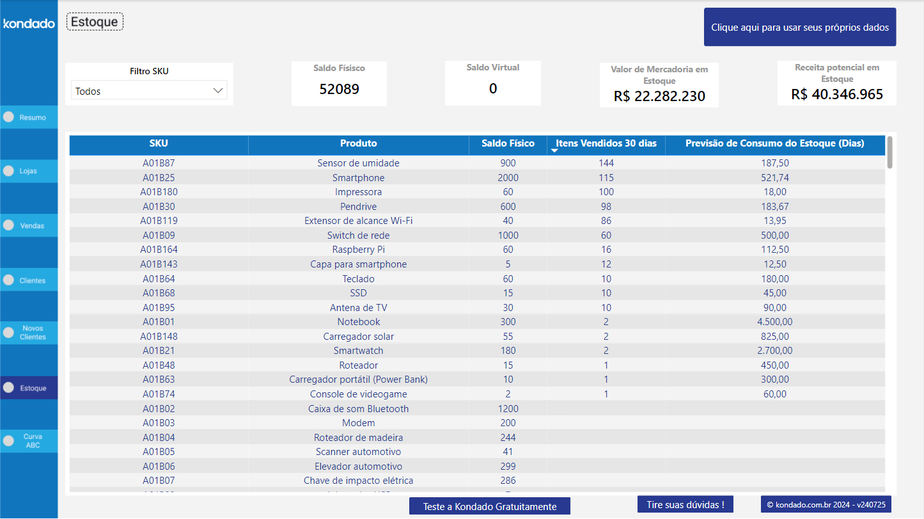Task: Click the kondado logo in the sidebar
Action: point(29,24)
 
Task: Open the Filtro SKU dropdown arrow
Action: point(217,91)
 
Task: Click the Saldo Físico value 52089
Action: point(339,89)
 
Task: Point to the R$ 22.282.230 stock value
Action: point(659,96)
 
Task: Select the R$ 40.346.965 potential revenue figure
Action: point(836,94)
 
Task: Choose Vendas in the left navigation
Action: point(29,226)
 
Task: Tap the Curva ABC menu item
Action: point(29,441)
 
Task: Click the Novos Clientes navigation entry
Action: point(29,333)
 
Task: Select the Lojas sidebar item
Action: point(29,172)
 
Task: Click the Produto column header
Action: point(358,143)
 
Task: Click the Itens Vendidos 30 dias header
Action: point(606,143)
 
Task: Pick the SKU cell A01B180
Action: point(159,192)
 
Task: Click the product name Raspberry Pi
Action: point(358,250)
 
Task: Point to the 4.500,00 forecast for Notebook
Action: point(774,322)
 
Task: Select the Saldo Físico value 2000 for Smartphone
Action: point(508,177)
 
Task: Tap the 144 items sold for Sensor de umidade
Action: point(606,163)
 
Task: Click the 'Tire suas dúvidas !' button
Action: point(685,504)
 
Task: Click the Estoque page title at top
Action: point(95,22)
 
